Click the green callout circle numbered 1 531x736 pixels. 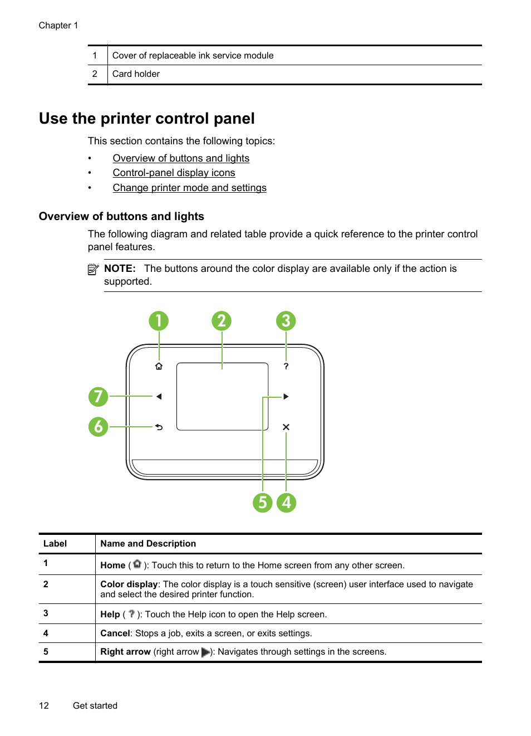(159, 321)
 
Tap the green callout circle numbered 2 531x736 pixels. (222, 321)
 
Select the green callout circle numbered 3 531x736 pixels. (286, 321)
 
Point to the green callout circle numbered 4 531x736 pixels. (286, 503)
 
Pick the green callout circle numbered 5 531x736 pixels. (262, 503)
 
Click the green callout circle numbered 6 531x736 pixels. (99, 427)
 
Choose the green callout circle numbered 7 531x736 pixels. (99, 397)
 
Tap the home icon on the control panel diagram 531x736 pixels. (159, 366)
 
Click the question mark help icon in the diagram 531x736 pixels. (286, 366)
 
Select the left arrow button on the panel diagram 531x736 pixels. (159, 397)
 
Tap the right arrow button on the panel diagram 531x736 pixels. (286, 397)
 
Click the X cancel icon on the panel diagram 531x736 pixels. (286, 427)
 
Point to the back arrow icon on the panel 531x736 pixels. (159, 427)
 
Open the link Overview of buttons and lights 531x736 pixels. (181, 158)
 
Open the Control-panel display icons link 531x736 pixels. (174, 173)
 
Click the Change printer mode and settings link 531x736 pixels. (189, 188)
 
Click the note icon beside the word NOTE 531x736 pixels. (93, 270)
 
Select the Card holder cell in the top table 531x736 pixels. (136, 74)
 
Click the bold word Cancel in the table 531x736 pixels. (115, 633)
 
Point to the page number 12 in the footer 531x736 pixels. (44, 706)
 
